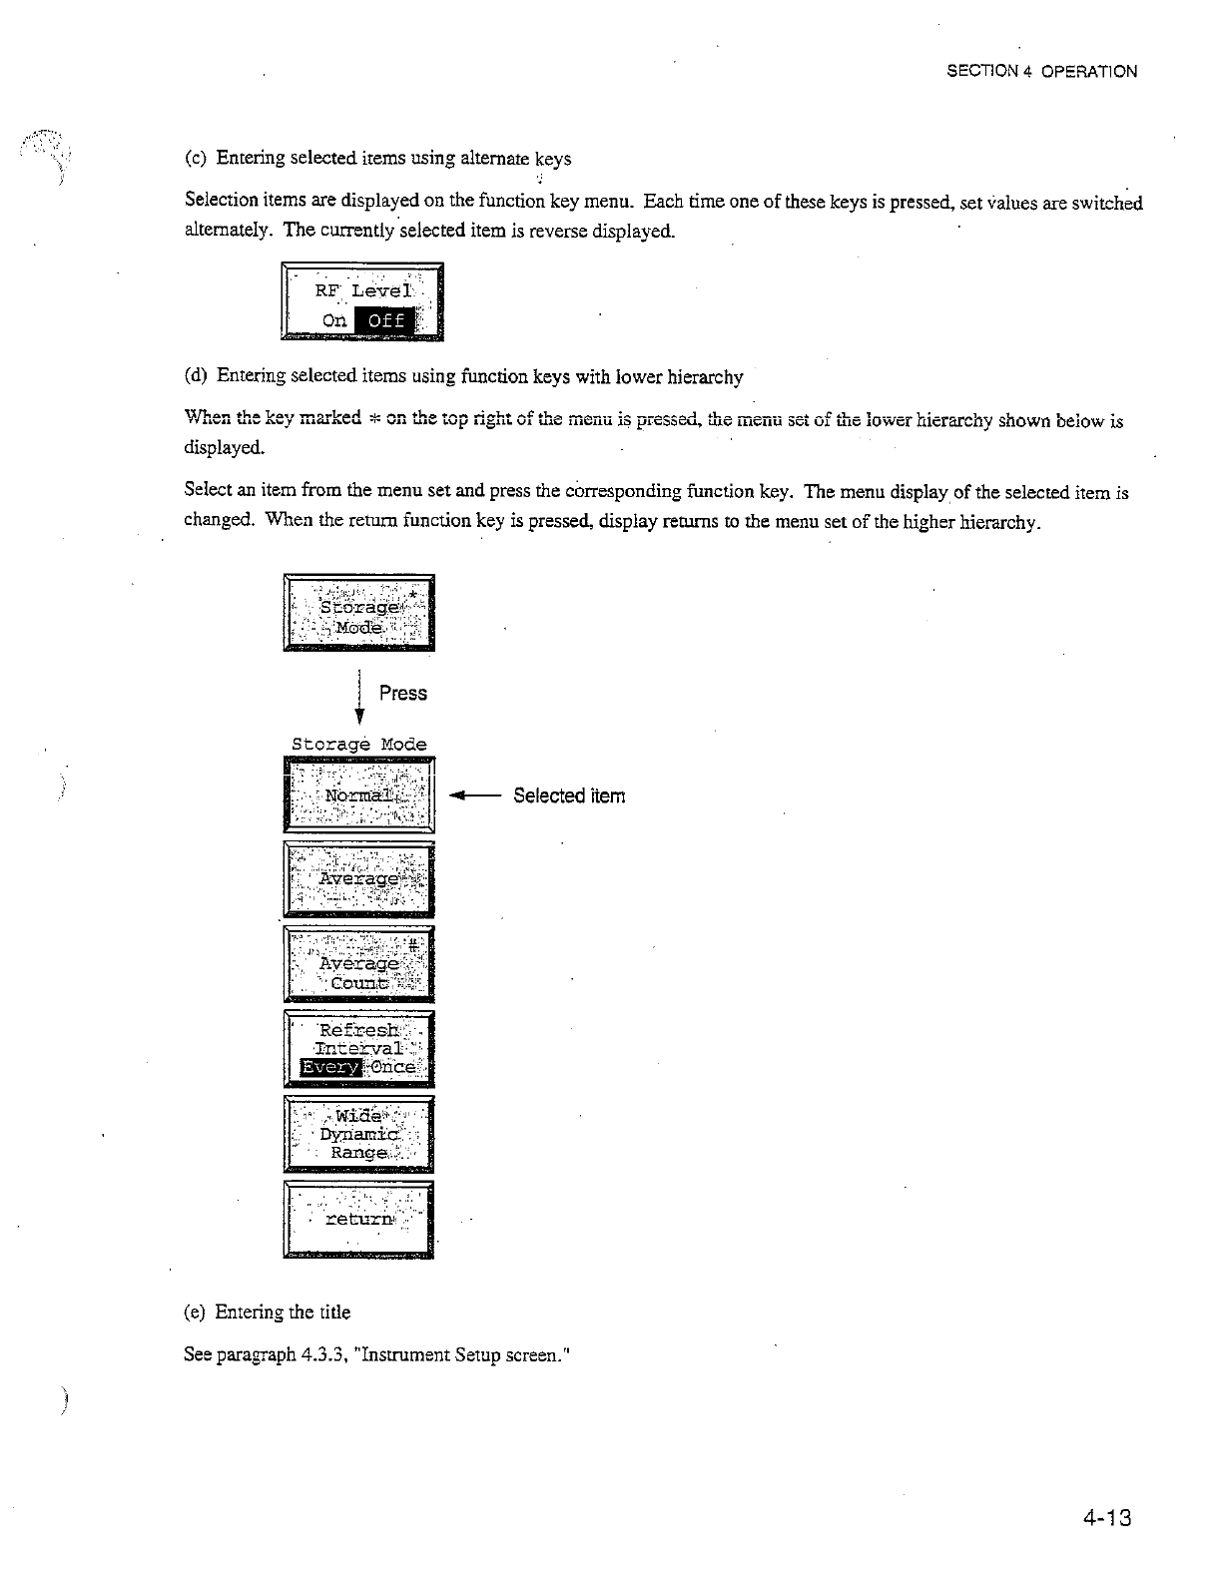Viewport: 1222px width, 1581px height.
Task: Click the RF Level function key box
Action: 362,301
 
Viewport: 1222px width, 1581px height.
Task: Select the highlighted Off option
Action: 384,320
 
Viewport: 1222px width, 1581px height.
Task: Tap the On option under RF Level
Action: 334,320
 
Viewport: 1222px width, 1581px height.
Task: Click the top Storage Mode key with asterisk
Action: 358,613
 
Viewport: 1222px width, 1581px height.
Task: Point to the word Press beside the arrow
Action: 403,694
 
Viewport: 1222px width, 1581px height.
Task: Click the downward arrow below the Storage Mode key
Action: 358,699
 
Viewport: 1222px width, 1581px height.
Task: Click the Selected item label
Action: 569,795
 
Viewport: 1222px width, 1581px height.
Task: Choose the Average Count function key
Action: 358,964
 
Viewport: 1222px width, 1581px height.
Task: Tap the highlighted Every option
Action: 321,1067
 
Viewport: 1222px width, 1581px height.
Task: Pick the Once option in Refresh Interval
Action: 393,1067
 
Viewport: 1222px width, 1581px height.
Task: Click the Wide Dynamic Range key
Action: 358,1134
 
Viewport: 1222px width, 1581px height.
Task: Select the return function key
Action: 358,1219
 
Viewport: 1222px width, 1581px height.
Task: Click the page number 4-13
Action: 1106,1520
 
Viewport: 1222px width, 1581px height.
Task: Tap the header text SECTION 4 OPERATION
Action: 1041,72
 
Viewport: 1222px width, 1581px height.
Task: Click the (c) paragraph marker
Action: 196,159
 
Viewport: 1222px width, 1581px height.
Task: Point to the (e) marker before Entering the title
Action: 196,1313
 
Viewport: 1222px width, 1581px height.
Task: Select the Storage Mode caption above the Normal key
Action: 358,745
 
